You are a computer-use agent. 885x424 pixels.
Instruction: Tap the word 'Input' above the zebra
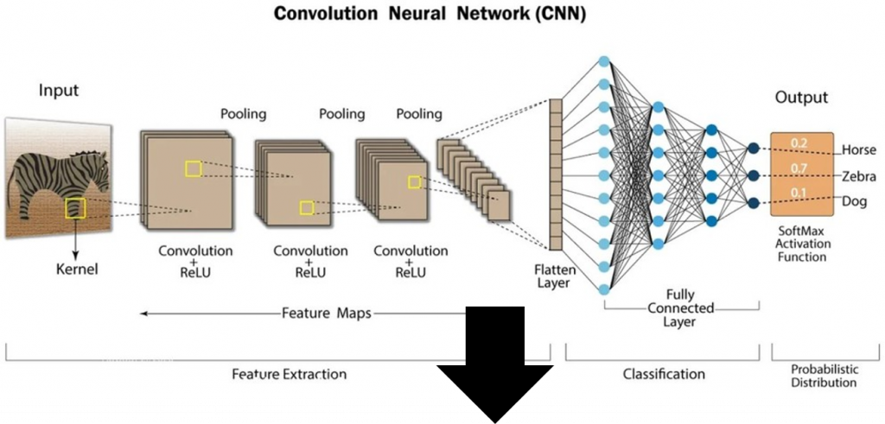tap(59, 91)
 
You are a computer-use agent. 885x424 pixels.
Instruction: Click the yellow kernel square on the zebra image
tap(75, 207)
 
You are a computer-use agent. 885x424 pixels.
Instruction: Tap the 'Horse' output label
tap(858, 149)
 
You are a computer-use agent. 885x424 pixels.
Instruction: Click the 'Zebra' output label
tap(859, 176)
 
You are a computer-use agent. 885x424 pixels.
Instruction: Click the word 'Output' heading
tap(801, 98)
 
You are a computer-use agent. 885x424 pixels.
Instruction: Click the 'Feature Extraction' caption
tap(289, 375)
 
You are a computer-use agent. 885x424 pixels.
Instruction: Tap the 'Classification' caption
tap(664, 374)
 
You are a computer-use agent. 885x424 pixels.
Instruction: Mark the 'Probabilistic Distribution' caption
tap(824, 375)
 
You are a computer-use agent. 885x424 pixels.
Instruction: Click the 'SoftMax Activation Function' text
tap(802, 244)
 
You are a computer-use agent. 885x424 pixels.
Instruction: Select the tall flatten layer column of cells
tap(556, 174)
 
